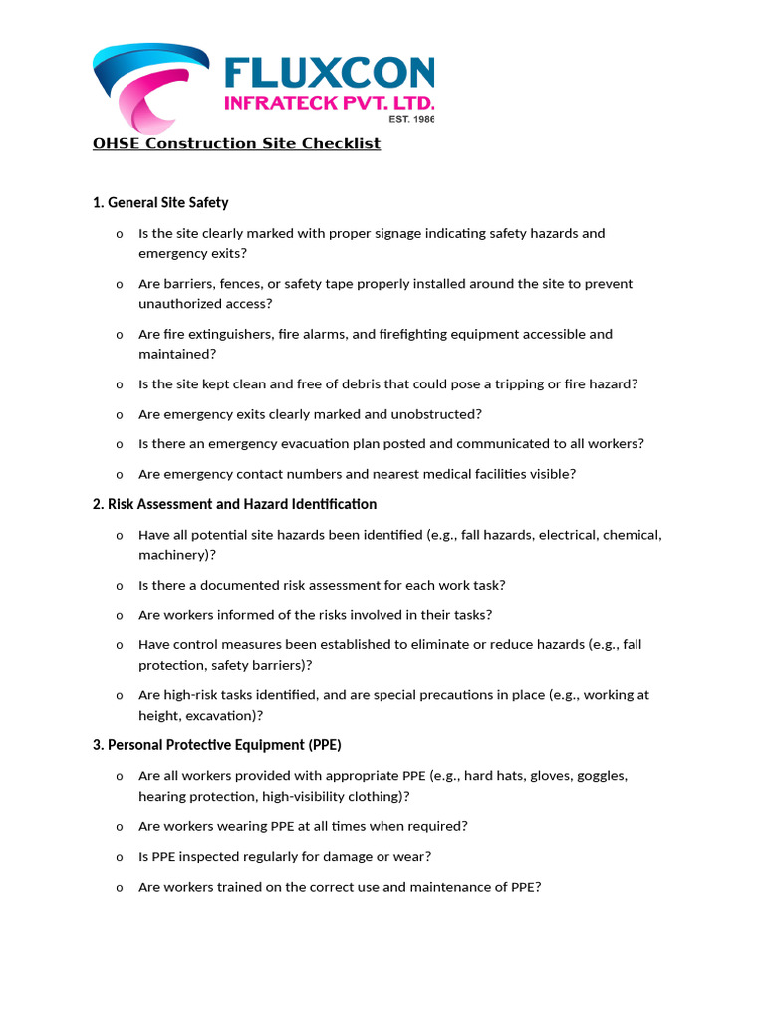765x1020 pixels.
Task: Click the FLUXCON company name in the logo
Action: (329, 72)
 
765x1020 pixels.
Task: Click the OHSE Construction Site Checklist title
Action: (236, 143)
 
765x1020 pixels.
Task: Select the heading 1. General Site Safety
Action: (160, 202)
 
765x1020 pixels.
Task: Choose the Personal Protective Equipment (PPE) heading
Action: (217, 745)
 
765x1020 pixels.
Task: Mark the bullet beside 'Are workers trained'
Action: (119, 887)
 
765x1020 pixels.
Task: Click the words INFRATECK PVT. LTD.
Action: (329, 103)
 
